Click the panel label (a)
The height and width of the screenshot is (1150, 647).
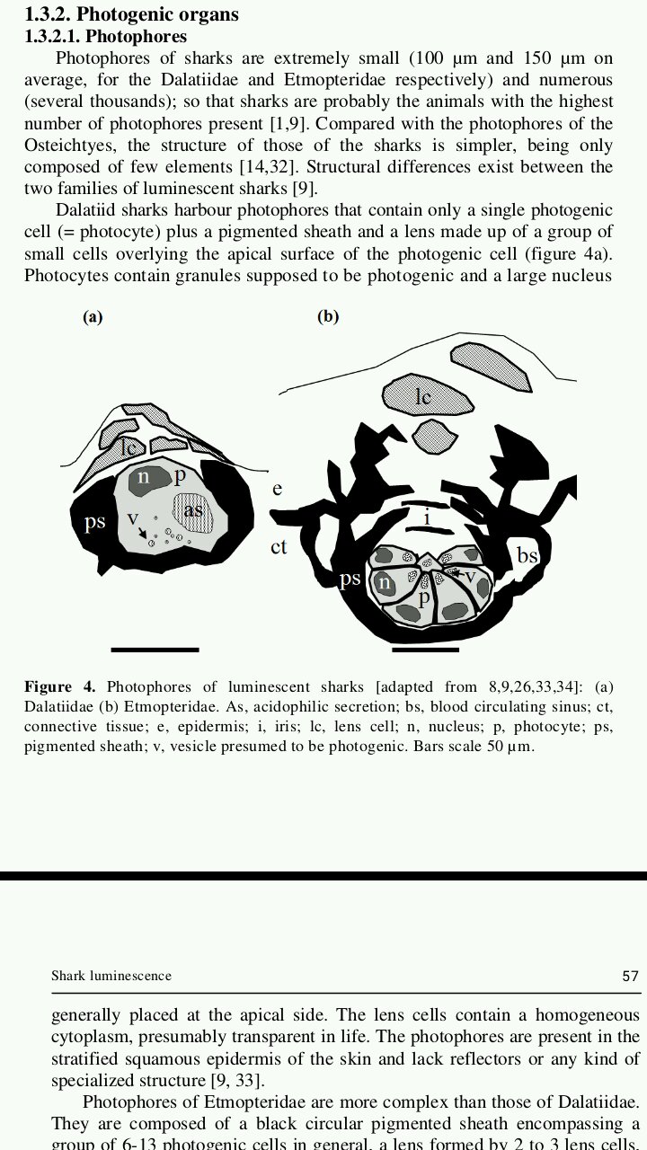[93, 317]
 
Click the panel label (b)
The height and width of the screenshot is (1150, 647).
[328, 317]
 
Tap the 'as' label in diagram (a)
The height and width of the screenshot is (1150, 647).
[193, 510]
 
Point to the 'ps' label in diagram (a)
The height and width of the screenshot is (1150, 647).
[94, 522]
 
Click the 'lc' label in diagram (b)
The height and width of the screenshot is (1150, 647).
[422, 396]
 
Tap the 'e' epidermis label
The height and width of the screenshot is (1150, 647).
[277, 488]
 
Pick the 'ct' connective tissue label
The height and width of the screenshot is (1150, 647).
[279, 545]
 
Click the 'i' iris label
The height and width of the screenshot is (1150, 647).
[427, 518]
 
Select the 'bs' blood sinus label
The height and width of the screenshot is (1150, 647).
[527, 555]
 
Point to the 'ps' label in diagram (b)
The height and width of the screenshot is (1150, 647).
[350, 579]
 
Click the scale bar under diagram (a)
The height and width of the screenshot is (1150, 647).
[155, 649]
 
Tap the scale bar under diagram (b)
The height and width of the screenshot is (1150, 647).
[426, 649]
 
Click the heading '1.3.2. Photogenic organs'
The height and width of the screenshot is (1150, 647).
[131, 14]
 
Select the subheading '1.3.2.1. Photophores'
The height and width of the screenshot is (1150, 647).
[106, 37]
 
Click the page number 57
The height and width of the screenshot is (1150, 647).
[630, 976]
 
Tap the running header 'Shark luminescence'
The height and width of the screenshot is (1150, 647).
[111, 976]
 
